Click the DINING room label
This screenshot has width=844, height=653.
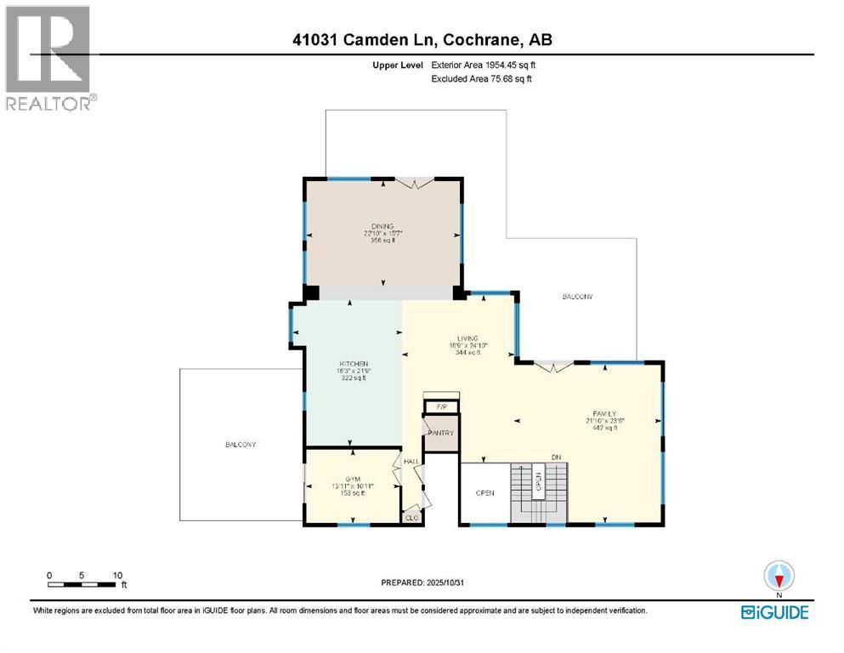tap(382, 226)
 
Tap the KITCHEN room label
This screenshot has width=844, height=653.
tap(353, 364)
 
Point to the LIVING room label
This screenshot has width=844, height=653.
tap(467, 338)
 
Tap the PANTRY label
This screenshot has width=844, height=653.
tap(442, 434)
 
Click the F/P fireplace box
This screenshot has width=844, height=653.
tap(441, 407)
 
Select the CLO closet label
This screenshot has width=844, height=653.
tap(412, 517)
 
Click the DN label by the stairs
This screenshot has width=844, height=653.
tap(556, 458)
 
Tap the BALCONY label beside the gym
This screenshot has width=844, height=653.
tap(241, 445)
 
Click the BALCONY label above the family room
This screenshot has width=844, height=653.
tap(577, 297)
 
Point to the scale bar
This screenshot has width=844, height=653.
tap(82, 584)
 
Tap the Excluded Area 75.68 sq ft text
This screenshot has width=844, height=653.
tap(481, 80)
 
